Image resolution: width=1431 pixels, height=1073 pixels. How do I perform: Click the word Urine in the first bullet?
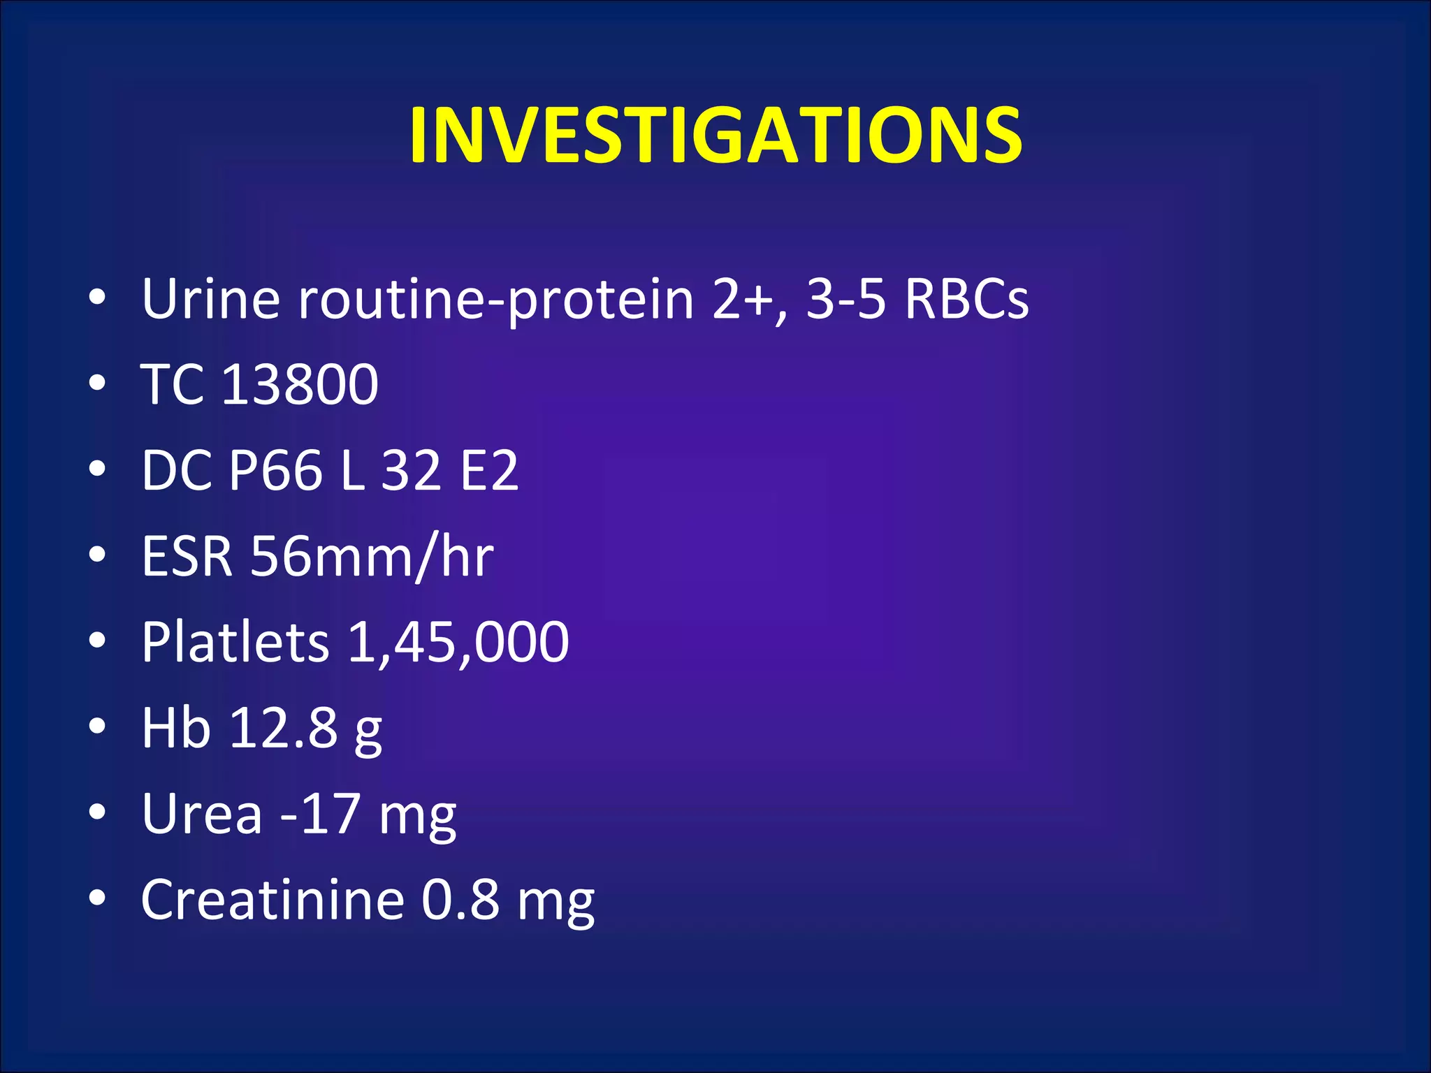(x=210, y=299)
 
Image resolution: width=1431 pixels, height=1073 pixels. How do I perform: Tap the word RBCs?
(x=966, y=299)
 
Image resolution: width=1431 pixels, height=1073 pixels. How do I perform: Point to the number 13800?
(x=300, y=384)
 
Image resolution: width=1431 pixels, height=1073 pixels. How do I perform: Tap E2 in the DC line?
(x=489, y=470)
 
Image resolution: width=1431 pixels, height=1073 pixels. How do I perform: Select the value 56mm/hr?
(x=372, y=556)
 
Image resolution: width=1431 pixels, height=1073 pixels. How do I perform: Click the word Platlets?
(x=235, y=642)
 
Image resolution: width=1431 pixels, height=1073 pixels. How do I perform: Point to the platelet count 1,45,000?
(x=458, y=642)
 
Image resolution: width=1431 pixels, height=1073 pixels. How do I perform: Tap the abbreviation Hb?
(x=175, y=728)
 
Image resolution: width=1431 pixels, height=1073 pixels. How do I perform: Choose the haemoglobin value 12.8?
(x=284, y=728)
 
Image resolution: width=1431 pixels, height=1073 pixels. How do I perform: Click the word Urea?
(x=202, y=814)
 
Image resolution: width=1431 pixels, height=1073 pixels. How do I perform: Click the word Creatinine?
(x=273, y=900)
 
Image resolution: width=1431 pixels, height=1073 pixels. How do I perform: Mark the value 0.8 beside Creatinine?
(x=460, y=900)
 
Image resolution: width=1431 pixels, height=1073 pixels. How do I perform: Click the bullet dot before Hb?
(x=98, y=727)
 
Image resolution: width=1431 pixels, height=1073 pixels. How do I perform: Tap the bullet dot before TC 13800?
(x=98, y=384)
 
